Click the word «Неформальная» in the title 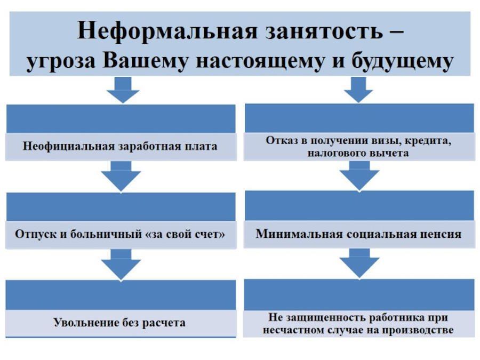click(x=167, y=30)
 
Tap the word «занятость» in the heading click(x=324, y=31)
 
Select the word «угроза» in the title click(x=61, y=62)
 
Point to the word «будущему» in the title click(x=402, y=61)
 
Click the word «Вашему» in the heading click(x=146, y=61)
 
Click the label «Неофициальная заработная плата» click(x=120, y=146)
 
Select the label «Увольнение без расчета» click(x=119, y=323)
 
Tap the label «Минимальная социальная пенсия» click(x=358, y=234)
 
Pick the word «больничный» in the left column click(x=107, y=234)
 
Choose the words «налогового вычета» click(x=358, y=153)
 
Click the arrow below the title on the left click(x=123, y=90)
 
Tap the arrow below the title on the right click(x=358, y=90)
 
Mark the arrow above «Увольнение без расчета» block click(x=121, y=265)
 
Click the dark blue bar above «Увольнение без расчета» click(x=121, y=295)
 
